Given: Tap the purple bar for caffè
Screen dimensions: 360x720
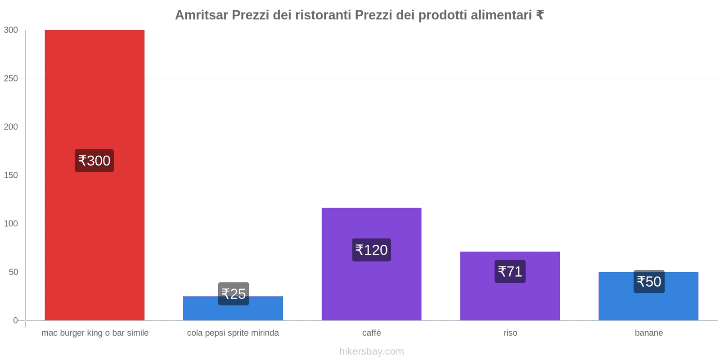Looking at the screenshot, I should click(371, 283).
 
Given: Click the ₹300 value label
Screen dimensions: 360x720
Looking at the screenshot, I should click(94, 161).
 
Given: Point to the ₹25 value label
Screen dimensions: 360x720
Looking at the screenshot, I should click(234, 294).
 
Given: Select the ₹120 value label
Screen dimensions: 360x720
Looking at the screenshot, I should click(371, 250).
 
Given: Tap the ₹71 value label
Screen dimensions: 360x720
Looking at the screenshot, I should click(510, 271).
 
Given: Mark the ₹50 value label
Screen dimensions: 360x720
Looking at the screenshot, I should click(649, 282).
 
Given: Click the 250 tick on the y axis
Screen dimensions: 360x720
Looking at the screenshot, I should click(11, 78).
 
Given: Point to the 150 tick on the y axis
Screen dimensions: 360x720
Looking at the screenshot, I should click(11, 175).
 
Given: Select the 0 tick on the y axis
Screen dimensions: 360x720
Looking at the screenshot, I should click(15, 320).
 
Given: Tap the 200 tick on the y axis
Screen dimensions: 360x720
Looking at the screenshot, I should click(11, 127).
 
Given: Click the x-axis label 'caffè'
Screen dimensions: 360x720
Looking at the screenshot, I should click(371, 333).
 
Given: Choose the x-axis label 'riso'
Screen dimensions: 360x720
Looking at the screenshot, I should click(510, 333).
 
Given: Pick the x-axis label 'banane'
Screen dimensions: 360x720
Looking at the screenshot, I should click(648, 333).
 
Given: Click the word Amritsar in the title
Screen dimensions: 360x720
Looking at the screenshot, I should click(201, 15).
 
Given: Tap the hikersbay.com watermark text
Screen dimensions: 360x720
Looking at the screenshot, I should click(371, 351).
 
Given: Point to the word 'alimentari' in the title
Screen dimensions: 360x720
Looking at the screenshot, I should click(501, 15).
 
